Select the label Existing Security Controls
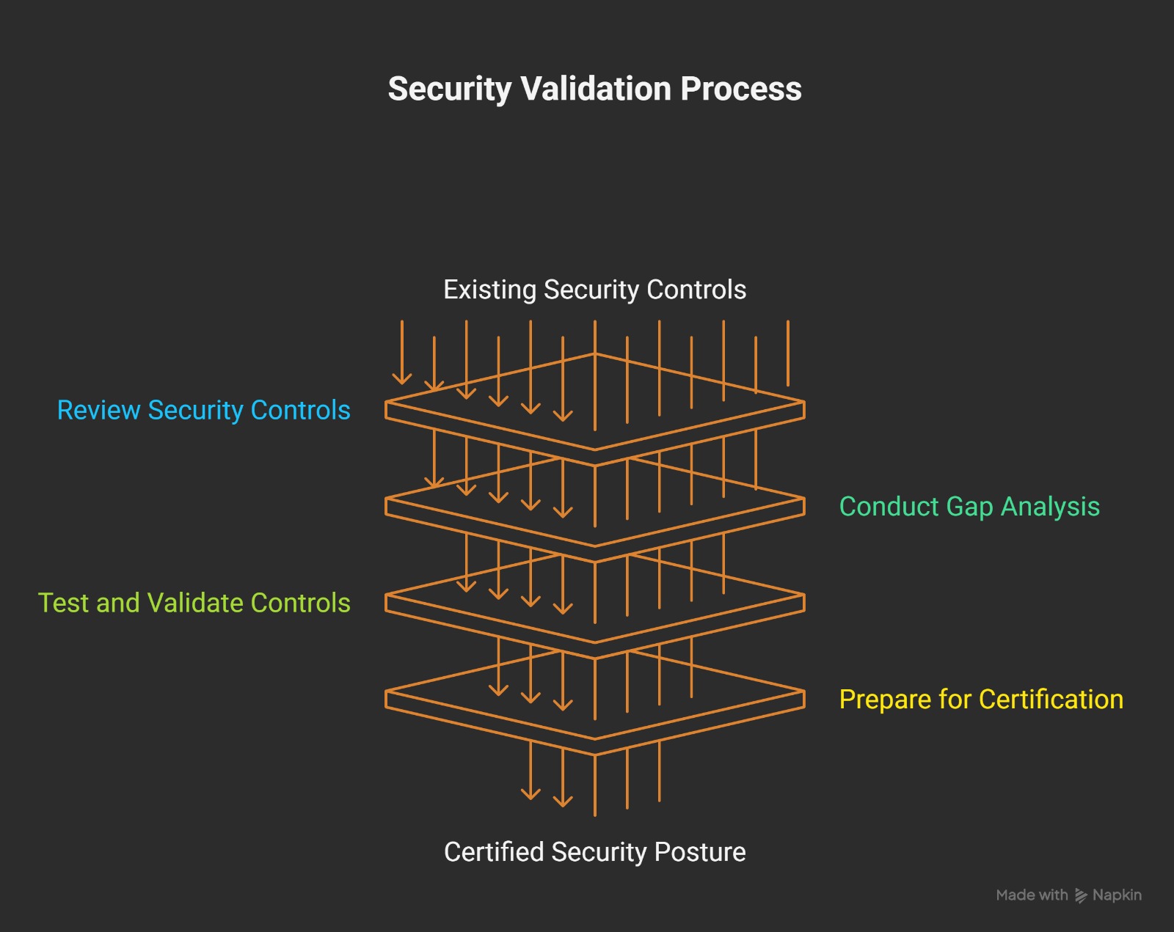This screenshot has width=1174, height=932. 594,290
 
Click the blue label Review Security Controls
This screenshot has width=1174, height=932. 203,410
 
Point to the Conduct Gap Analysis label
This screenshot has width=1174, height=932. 969,507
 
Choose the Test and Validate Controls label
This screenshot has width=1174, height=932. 194,603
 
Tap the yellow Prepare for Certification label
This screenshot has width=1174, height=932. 980,700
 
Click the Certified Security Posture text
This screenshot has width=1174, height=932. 594,852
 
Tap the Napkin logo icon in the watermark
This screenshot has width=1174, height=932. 1080,895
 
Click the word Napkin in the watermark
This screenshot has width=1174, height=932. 1117,895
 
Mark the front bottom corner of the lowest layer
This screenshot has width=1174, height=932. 595,754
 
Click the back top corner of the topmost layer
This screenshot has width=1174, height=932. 595,354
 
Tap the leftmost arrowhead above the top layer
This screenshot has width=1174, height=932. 402,378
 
